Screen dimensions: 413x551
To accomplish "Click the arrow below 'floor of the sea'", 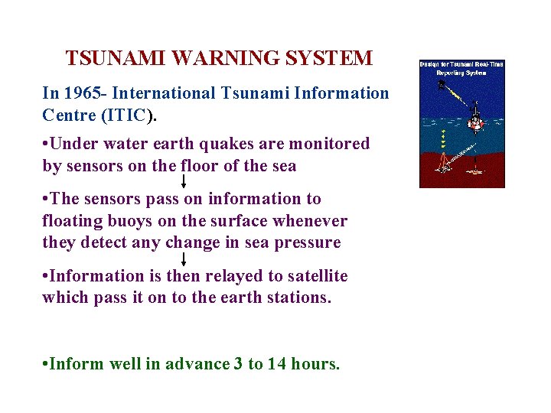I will (x=184, y=181).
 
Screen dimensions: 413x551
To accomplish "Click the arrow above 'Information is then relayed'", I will (x=184, y=259).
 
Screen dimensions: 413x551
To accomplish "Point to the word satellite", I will (x=315, y=276).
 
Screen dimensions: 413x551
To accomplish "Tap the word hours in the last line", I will (x=315, y=365).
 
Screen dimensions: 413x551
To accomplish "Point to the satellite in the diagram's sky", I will (x=442, y=84).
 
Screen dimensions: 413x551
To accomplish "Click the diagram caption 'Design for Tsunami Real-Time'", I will (x=461, y=64).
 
